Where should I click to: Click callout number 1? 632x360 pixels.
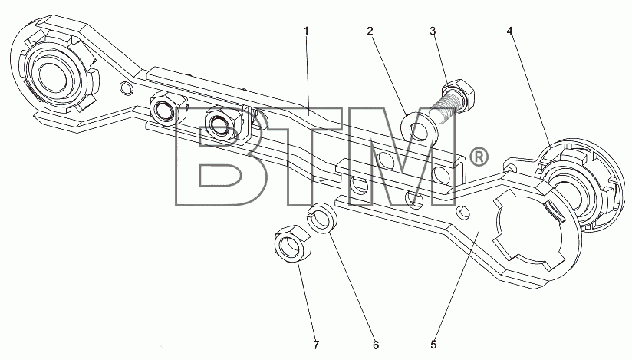[306, 31]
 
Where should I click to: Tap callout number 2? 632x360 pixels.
[370, 31]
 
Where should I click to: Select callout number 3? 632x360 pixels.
[433, 31]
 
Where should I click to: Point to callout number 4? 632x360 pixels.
[510, 31]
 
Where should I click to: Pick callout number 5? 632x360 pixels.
[433, 345]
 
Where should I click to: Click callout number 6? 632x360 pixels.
[376, 345]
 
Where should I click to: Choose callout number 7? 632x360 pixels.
[317, 345]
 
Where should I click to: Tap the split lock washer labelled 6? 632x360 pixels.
[323, 217]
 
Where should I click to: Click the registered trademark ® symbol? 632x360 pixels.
[479, 157]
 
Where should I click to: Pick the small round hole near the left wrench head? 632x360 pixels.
[126, 88]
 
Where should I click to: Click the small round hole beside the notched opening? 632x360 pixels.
[462, 212]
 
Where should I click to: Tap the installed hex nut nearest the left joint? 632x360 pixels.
[164, 110]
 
